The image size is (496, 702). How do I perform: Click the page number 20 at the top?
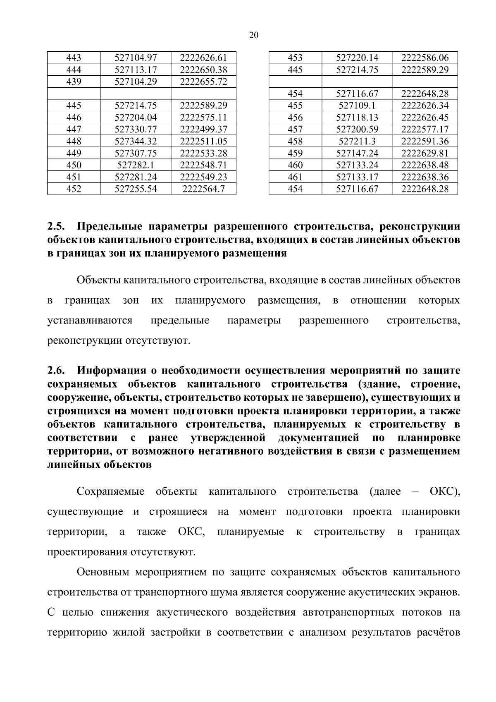click(254, 36)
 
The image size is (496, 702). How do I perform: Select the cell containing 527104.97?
click(136, 58)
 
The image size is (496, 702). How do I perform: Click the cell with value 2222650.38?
click(203, 70)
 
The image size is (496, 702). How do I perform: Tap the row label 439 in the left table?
click(74, 81)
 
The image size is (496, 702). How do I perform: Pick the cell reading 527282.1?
click(136, 165)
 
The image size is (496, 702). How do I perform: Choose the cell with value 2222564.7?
click(203, 189)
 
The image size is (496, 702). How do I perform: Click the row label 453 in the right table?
click(295, 58)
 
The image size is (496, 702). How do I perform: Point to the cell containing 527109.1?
click(357, 105)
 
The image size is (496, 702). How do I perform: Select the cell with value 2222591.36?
click(425, 141)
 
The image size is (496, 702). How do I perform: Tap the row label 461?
click(295, 177)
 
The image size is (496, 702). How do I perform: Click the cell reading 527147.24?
click(357, 153)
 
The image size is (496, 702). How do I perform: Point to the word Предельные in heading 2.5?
click(110, 227)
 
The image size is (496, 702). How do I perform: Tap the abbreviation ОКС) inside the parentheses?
click(445, 491)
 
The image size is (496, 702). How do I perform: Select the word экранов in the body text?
click(439, 592)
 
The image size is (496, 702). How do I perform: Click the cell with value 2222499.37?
click(203, 129)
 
